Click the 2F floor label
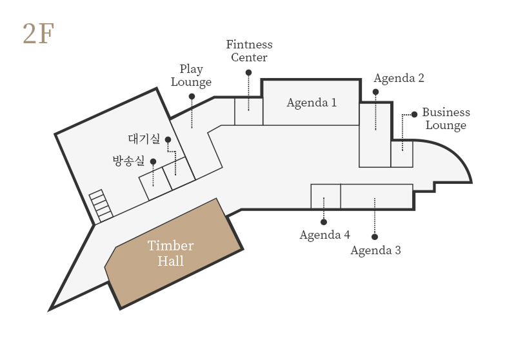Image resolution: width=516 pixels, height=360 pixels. pyautogui.click(x=38, y=34)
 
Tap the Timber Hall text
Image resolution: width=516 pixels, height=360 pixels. pyautogui.click(x=170, y=254)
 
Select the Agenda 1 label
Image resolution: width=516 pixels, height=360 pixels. pyautogui.click(x=312, y=103)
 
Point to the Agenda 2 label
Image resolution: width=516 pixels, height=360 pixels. pyautogui.click(x=399, y=78)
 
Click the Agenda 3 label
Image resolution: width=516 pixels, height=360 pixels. pyautogui.click(x=376, y=250)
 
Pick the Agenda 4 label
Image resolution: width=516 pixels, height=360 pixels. pyautogui.click(x=325, y=235)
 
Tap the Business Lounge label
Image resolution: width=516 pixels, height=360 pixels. pyautogui.click(x=446, y=119)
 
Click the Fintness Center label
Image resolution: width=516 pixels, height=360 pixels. pyautogui.click(x=250, y=51)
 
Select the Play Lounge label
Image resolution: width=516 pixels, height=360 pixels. pyautogui.click(x=191, y=75)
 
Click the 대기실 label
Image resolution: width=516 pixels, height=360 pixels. pyautogui.click(x=144, y=139)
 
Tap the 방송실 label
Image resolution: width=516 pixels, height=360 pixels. pyautogui.click(x=128, y=161)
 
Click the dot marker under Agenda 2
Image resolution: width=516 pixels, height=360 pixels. pyautogui.click(x=375, y=92)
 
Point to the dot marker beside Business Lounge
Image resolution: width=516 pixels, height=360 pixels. pyautogui.click(x=414, y=114)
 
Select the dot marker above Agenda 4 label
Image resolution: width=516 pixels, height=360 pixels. pyautogui.click(x=324, y=222)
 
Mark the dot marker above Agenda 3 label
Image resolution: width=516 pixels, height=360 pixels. pyautogui.click(x=375, y=237)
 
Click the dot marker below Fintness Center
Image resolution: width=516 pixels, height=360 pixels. pyautogui.click(x=248, y=72)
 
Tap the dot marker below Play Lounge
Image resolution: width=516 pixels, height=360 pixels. pyautogui.click(x=192, y=96)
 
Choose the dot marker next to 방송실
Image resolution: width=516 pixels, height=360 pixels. pyautogui.click(x=153, y=161)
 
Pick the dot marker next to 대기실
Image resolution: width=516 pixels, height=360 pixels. pyautogui.click(x=168, y=139)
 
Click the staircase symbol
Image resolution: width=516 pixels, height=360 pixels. pyautogui.click(x=101, y=206)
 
